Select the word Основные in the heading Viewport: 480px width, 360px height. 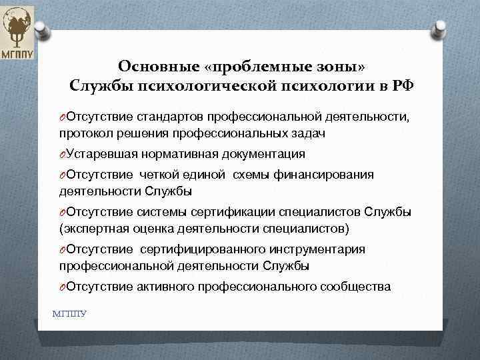[x=158, y=67]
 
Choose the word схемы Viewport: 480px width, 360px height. [x=252, y=175]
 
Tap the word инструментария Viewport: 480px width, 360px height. [x=318, y=249]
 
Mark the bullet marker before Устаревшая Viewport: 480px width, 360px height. [x=61, y=154]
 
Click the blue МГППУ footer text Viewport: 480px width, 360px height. [x=69, y=313]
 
